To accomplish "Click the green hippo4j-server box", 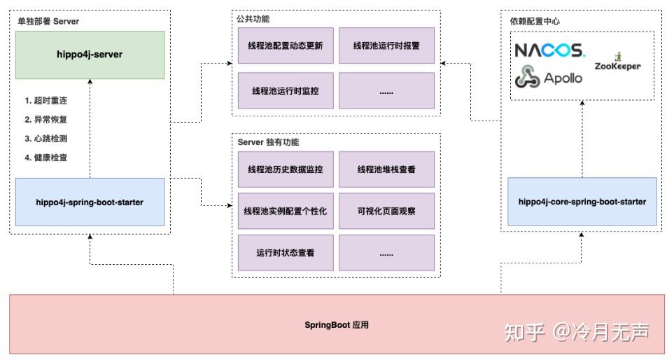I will click(x=90, y=55).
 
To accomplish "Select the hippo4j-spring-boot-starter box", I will click(x=90, y=202).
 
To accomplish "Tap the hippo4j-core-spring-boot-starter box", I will click(x=582, y=202).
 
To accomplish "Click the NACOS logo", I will click(x=549, y=50).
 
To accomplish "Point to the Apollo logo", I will click(x=549, y=78).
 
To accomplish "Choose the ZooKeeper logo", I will click(x=617, y=63).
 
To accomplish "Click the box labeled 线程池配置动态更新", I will click(x=285, y=46).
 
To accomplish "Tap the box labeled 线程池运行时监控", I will click(x=285, y=91).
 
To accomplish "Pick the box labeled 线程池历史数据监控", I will click(x=285, y=169).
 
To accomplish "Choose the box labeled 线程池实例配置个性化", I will click(x=285, y=211).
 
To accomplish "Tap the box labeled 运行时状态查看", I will click(x=285, y=253).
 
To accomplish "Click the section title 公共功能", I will click(x=253, y=20).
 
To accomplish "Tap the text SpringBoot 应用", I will click(x=336, y=325).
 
